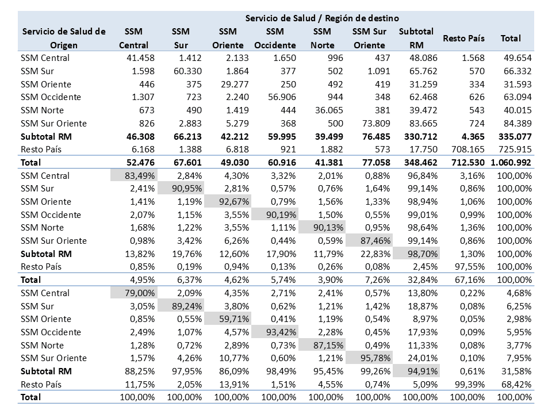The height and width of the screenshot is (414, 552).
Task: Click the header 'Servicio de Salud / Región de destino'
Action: pyautogui.click(x=322, y=18)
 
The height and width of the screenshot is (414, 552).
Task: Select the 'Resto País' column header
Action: pyautogui.click(x=463, y=39)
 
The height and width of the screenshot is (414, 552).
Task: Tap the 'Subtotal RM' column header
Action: pyautogui.click(x=416, y=39)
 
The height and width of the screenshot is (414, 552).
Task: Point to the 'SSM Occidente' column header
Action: pyautogui.click(x=275, y=39)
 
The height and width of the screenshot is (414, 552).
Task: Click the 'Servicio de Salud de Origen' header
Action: pyautogui.click(x=64, y=39)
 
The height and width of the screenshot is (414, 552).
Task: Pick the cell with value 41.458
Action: pyautogui.click(x=140, y=57)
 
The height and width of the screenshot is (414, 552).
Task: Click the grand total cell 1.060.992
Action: pyautogui.click(x=511, y=163)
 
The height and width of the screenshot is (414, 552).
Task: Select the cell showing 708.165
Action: pyautogui.click(x=468, y=149)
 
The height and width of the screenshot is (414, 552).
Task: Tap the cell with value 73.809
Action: pyautogui.click(x=376, y=124)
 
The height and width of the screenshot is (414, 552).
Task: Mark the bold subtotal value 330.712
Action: pyautogui.click(x=421, y=137)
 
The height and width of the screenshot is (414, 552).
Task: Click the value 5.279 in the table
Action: pyautogui.click(x=237, y=124)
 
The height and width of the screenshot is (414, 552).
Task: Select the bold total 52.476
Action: pyautogui.click(x=140, y=163)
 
